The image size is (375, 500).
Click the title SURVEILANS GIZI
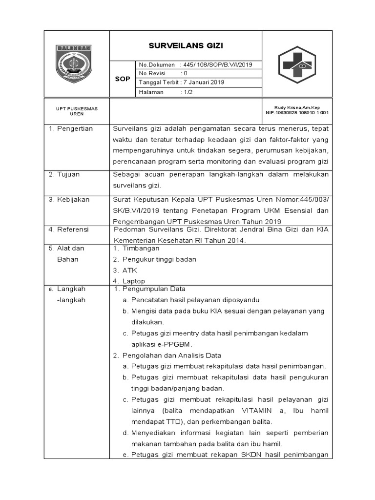(x=186, y=46)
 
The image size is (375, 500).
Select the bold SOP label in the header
(x=122, y=79)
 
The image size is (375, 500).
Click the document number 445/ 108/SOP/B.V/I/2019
(x=216, y=65)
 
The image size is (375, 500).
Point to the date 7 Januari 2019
(x=204, y=83)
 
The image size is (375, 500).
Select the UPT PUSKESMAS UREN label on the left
(x=70, y=110)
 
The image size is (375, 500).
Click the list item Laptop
(x=134, y=281)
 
